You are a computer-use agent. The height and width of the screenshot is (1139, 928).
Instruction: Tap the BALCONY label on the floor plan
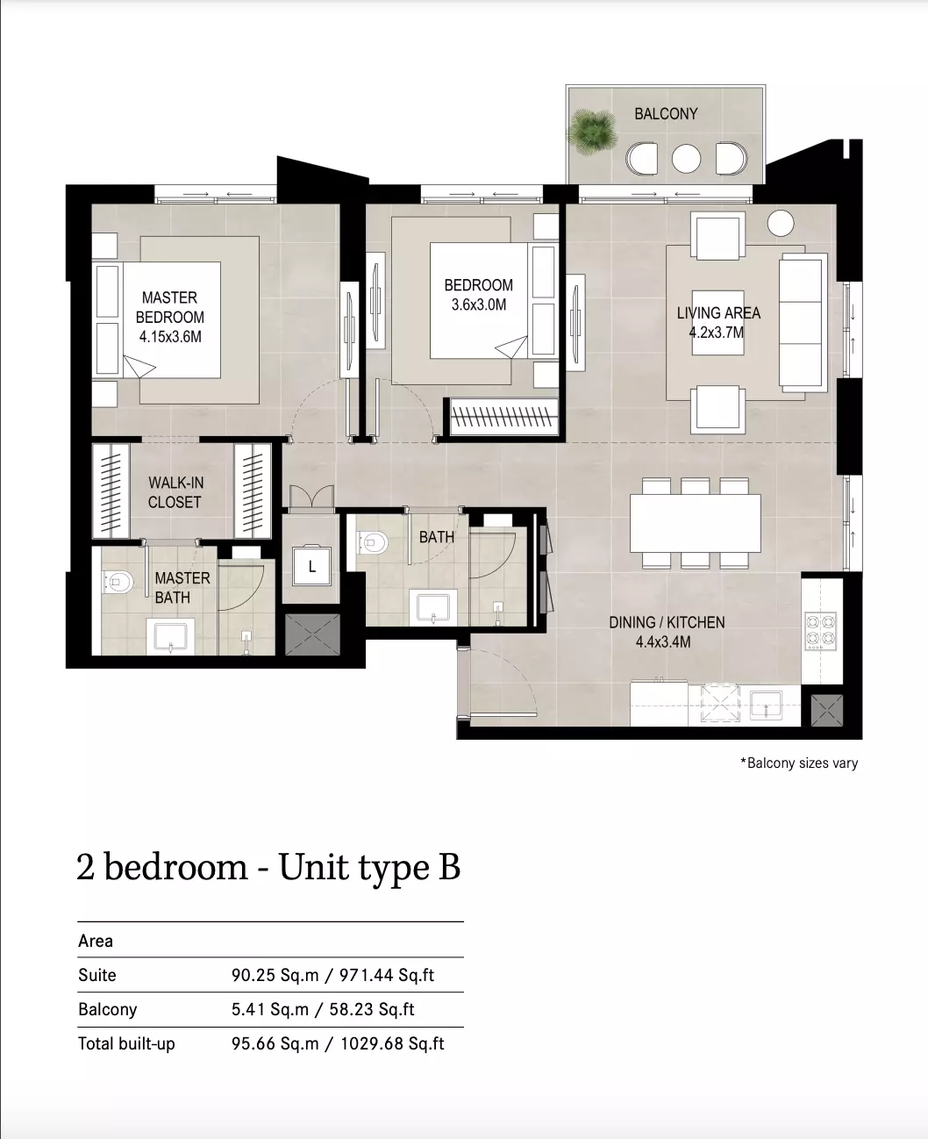(666, 114)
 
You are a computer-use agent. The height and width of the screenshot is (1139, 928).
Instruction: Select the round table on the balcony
(686, 159)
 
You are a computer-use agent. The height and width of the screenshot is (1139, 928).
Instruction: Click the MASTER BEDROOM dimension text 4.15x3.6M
(170, 337)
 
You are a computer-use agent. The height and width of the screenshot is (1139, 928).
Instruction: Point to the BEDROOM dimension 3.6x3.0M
(478, 304)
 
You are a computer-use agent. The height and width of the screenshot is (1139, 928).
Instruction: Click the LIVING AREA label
(718, 312)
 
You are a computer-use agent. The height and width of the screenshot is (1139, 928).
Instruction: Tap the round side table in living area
(780, 224)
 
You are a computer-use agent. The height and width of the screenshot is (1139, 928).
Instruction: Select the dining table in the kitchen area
(695, 523)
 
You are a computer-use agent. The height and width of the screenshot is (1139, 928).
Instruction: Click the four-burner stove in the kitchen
(821, 631)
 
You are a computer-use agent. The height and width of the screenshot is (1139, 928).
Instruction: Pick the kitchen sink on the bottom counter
(766, 706)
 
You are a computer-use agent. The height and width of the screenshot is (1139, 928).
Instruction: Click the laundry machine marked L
(311, 565)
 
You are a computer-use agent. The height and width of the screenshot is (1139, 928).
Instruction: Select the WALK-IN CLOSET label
(175, 492)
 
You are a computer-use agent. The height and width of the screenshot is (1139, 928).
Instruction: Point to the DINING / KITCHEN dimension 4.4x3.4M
(663, 641)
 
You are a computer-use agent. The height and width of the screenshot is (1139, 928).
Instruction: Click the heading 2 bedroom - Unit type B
(268, 867)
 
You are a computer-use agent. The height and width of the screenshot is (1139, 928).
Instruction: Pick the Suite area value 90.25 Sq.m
(275, 976)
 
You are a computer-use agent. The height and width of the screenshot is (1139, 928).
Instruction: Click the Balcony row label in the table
(107, 1010)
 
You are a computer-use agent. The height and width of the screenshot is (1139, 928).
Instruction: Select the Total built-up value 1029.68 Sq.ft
(392, 1044)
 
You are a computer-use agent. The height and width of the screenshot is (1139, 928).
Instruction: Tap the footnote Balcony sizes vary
(799, 763)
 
